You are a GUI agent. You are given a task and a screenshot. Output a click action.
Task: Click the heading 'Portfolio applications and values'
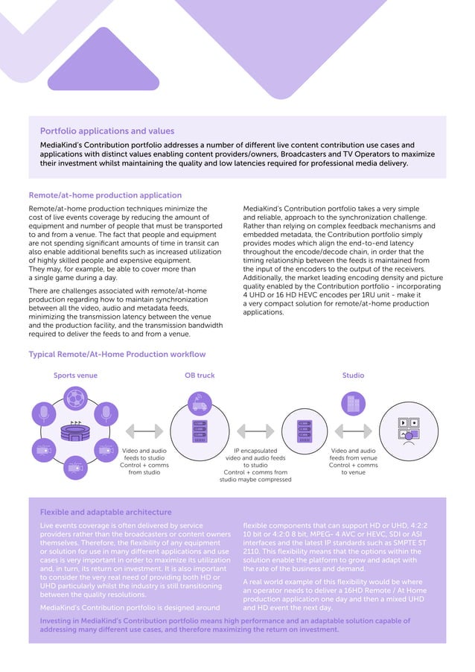tap(107, 131)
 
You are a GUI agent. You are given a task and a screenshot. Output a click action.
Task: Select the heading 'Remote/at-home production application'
tap(105, 195)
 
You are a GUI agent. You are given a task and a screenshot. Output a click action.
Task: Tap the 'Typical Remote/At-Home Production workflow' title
tap(117, 354)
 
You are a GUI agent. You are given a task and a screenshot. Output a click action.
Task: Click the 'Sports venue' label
tap(75, 375)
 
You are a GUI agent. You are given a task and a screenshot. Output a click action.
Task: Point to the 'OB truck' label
tap(200, 375)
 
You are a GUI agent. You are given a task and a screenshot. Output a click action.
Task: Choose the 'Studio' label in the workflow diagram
tap(353, 375)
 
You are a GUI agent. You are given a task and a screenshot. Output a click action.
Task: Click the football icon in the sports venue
tap(74, 399)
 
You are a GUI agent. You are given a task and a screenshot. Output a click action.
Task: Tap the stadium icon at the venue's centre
tap(74, 431)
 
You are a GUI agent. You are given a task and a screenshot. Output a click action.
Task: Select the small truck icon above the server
tap(200, 405)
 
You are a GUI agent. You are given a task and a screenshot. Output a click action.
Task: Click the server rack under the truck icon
tap(200, 431)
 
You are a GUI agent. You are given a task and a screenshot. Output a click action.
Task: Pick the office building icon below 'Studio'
tap(352, 405)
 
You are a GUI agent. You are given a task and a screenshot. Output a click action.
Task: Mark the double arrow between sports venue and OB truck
tap(144, 431)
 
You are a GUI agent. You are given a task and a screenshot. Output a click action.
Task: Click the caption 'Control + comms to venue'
tap(353, 469)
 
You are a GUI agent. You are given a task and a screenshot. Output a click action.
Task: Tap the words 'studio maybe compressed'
tap(255, 479)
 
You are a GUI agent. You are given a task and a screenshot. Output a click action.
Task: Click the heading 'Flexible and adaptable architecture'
tap(106, 512)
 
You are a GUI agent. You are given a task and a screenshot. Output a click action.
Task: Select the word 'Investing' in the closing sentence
tap(57, 620)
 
